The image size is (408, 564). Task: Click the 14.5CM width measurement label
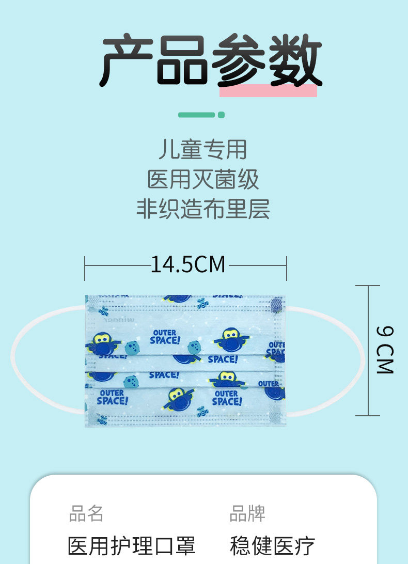(188, 265)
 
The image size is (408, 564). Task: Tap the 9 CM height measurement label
(385, 350)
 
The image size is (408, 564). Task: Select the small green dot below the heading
(222, 115)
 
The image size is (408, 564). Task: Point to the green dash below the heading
(196, 115)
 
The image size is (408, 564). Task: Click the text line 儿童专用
(203, 150)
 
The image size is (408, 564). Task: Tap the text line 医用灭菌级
(203, 179)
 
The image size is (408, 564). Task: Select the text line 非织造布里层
(203, 209)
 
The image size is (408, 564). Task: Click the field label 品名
(86, 514)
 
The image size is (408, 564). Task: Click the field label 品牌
(247, 514)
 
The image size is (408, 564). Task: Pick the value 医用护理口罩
(132, 545)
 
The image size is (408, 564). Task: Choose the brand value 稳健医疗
(272, 545)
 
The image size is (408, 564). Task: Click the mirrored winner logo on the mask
(123, 320)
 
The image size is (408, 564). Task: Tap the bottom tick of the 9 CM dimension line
(369, 415)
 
